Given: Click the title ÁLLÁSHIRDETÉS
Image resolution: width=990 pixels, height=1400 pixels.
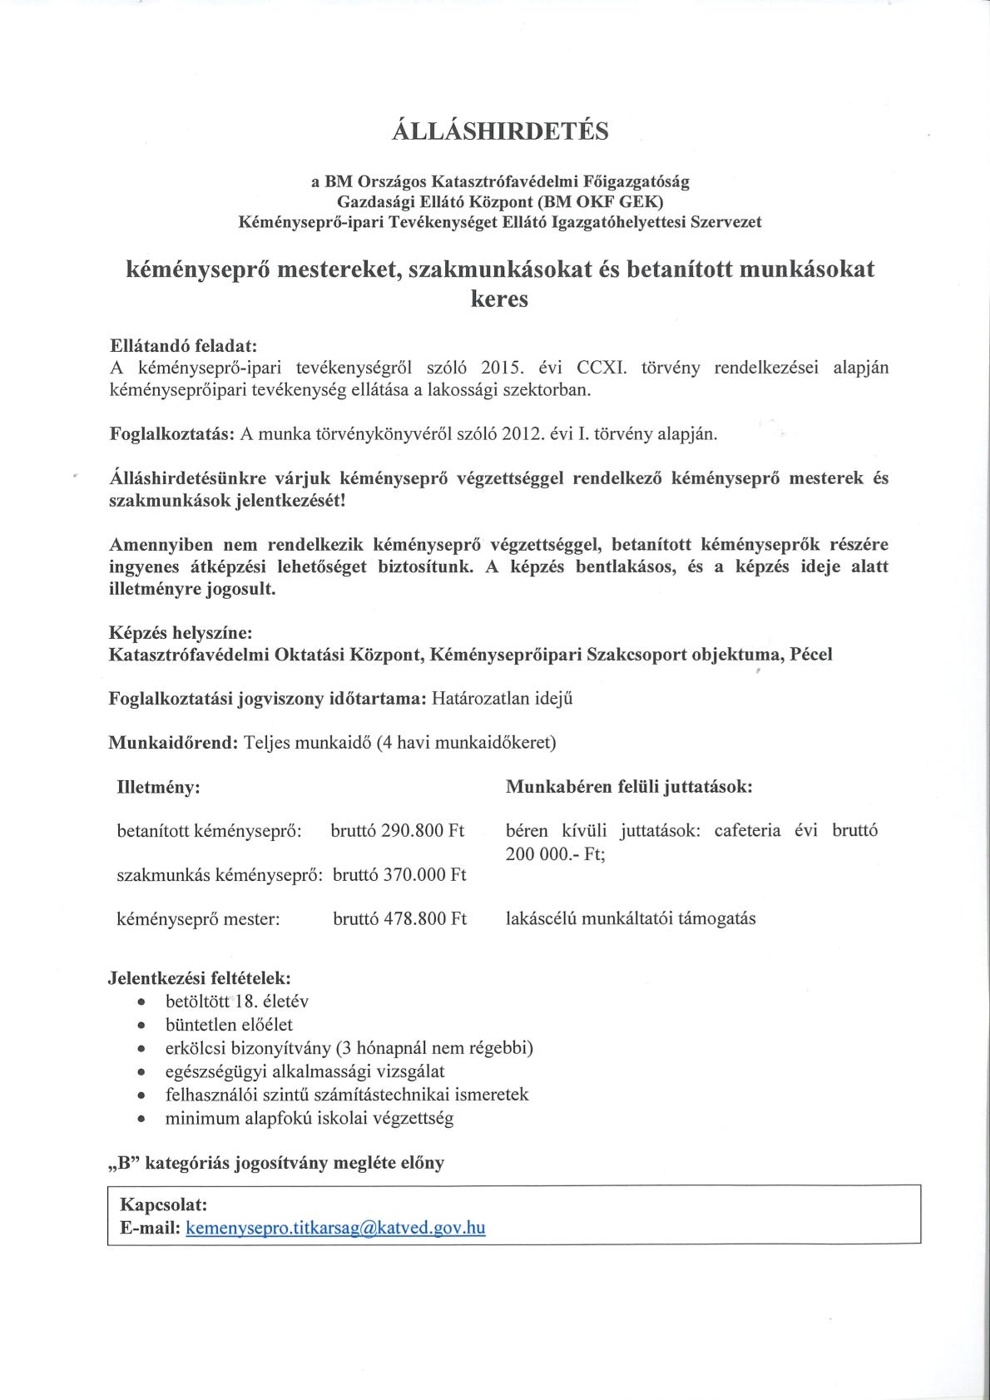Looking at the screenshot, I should click(500, 131).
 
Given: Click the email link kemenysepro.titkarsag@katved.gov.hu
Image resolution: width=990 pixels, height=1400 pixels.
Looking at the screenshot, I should click(336, 1228).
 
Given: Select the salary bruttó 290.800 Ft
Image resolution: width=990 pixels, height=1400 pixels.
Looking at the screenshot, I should click(397, 830).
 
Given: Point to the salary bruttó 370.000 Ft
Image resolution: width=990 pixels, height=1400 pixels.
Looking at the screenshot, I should click(399, 874).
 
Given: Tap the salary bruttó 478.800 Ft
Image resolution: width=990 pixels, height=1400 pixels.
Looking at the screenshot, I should click(399, 918).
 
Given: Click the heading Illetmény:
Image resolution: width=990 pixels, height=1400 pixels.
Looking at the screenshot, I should click(159, 787).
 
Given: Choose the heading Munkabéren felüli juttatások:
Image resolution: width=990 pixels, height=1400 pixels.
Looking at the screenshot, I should click(629, 787).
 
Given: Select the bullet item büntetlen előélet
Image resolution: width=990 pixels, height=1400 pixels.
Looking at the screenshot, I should click(229, 1025).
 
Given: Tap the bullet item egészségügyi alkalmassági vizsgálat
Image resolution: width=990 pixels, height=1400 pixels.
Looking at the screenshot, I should click(304, 1071).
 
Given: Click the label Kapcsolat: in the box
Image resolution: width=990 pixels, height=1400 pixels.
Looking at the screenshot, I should click(164, 1205).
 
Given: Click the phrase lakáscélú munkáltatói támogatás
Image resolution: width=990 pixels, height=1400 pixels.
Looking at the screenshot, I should click(631, 919).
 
